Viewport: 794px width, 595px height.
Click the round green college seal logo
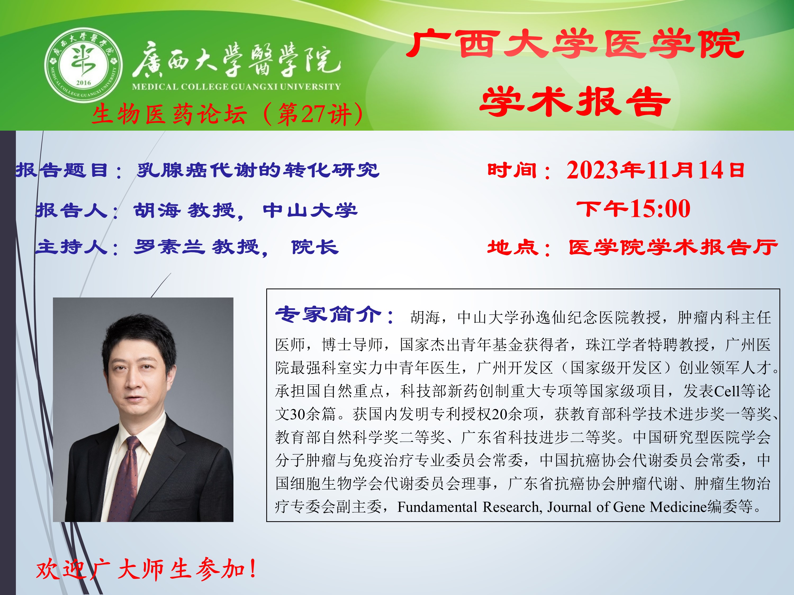pyautogui.click(x=83, y=65)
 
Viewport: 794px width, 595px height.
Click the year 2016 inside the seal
pyautogui.click(x=83, y=83)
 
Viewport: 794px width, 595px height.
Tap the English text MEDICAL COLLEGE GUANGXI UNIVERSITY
pyautogui.click(x=236, y=86)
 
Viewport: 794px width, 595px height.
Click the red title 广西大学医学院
pyautogui.click(x=575, y=44)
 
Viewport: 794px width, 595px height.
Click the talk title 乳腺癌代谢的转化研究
pyautogui.click(x=258, y=170)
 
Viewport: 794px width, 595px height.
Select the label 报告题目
pyautogui.click(x=61, y=170)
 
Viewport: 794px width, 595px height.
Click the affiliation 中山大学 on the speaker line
pyautogui.click(x=310, y=210)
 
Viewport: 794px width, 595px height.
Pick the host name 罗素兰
pyautogui.click(x=169, y=247)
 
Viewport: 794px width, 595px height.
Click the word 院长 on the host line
pyautogui.click(x=315, y=247)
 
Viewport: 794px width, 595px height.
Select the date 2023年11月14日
pyautogui.click(x=655, y=170)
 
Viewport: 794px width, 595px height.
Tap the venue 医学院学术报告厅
pyautogui.click(x=673, y=248)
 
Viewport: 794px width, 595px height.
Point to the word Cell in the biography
pyautogui.click(x=727, y=391)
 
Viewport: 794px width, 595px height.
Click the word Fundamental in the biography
pyautogui.click(x=437, y=507)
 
